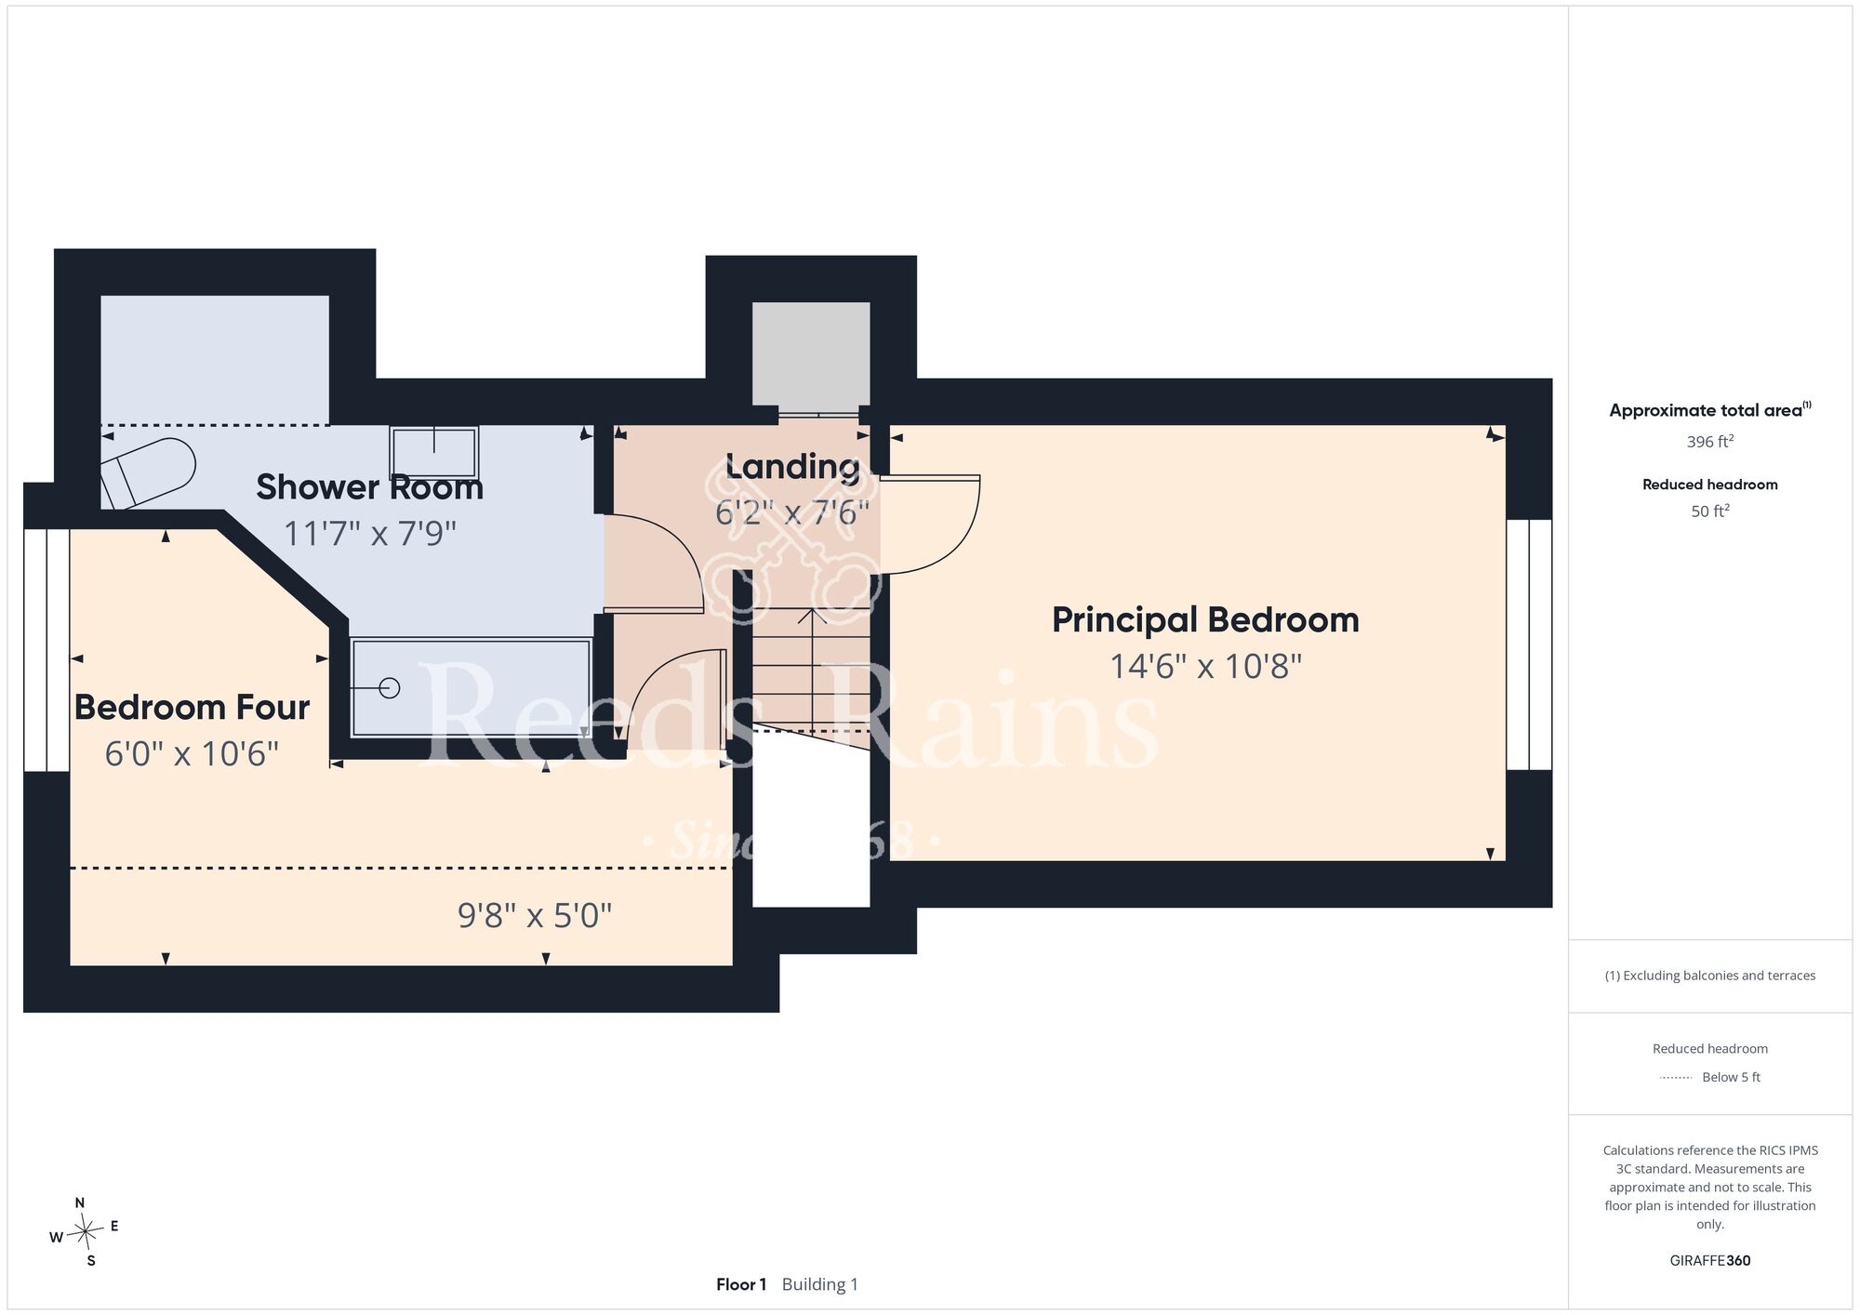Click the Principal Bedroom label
coord(1205,620)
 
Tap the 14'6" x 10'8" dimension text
coord(1205,667)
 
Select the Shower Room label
coord(370,487)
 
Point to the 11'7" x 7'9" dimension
coord(370,534)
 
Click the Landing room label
coord(792,467)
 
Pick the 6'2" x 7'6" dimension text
coord(792,512)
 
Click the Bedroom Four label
coord(192,708)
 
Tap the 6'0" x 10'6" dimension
coord(192,753)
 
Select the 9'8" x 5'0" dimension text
coord(535,916)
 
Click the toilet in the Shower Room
coord(149,472)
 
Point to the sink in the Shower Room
coord(433,452)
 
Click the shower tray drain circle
coord(390,688)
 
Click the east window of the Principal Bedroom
coord(1529,644)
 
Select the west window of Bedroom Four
coord(46,651)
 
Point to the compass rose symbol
coord(85,1233)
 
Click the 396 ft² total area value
coord(1709,442)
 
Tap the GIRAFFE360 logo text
coord(1709,1261)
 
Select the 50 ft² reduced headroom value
coord(1709,511)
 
